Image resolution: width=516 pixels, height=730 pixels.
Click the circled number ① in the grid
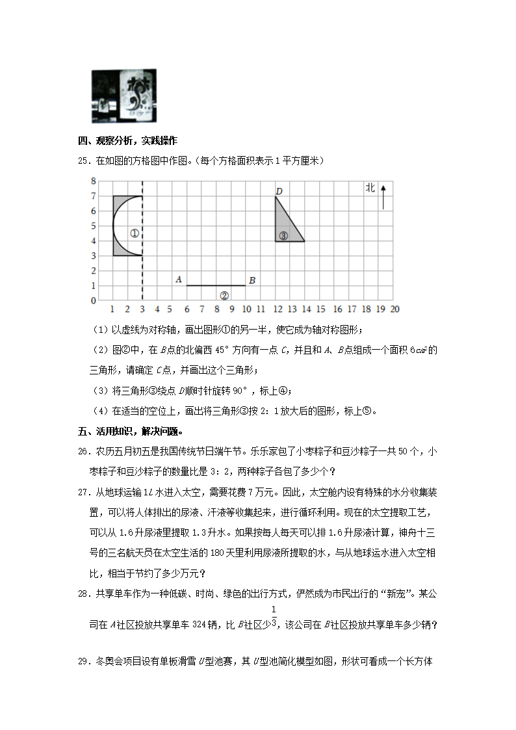coord(134,233)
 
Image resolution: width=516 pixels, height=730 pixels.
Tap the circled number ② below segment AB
coord(224,296)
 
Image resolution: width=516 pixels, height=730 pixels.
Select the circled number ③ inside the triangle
coord(283,236)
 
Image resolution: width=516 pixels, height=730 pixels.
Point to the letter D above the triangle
coord(279,191)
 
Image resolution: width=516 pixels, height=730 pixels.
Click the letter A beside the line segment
coord(178,280)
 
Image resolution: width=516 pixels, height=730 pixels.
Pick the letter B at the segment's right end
coord(252,280)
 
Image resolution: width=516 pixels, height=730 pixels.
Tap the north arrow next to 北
coord(383,196)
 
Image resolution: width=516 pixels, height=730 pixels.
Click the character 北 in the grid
coord(370,188)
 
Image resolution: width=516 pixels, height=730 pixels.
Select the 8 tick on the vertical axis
coord(94,181)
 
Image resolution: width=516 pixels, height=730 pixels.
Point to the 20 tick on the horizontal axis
coord(394,309)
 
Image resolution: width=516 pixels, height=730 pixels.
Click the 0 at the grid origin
coord(94,300)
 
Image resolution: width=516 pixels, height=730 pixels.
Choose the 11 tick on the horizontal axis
coord(261,309)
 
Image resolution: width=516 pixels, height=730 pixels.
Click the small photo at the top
coord(124,96)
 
